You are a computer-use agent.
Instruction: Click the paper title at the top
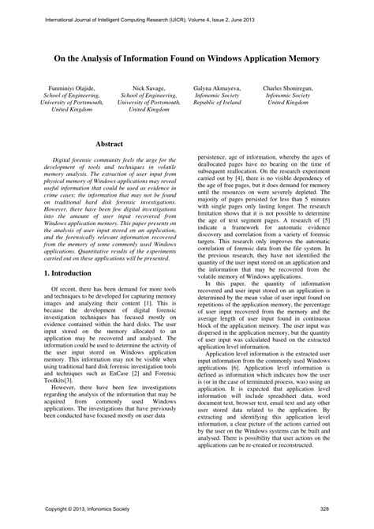186,58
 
